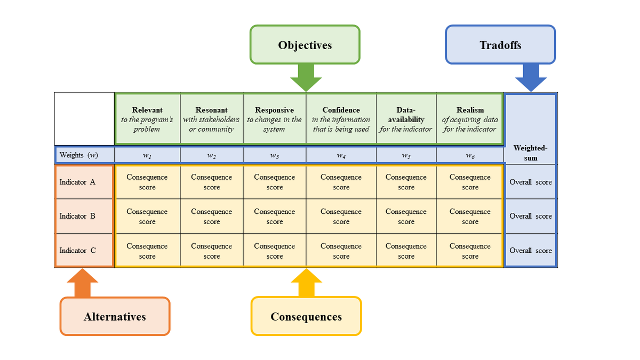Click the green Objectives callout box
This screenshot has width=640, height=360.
pyautogui.click(x=305, y=45)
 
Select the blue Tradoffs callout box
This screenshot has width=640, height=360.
pyautogui.click(x=500, y=45)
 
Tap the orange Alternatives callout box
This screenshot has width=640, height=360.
pyautogui.click(x=115, y=316)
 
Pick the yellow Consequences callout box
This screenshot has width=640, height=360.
pyautogui.click(x=306, y=316)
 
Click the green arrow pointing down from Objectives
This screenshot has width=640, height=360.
pyautogui.click(x=306, y=77)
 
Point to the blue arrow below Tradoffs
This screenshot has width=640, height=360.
pyautogui.click(x=531, y=77)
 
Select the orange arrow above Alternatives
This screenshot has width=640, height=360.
pyautogui.click(x=83, y=283)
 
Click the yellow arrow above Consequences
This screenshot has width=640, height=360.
pyautogui.click(x=306, y=283)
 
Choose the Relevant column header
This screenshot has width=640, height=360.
pyautogui.click(x=147, y=119)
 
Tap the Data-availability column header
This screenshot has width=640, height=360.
pyautogui.click(x=406, y=119)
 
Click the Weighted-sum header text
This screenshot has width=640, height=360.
pyautogui.click(x=531, y=153)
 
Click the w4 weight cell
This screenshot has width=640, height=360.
pyautogui.click(x=341, y=155)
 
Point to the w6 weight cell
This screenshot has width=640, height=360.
pyautogui.click(x=470, y=155)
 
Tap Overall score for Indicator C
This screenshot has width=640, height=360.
pyautogui.click(x=531, y=251)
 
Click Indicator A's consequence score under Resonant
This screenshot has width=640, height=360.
pyautogui.click(x=211, y=182)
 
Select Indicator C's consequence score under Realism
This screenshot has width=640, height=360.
pyautogui.click(x=470, y=251)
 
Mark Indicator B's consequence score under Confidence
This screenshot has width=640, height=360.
pyautogui.click(x=341, y=217)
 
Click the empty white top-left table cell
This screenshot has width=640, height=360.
pyautogui.click(x=84, y=119)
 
